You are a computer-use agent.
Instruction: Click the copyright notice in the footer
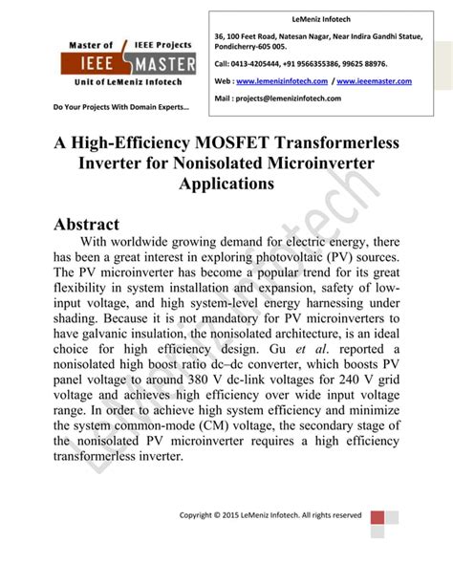point(270,515)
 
